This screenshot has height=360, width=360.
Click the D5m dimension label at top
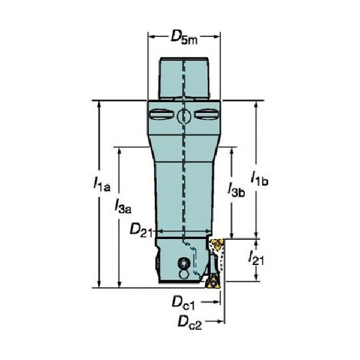(x=184, y=38)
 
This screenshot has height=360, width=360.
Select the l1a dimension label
(x=102, y=184)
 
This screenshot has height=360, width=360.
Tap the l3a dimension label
(x=123, y=207)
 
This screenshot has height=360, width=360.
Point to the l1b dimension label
(x=259, y=178)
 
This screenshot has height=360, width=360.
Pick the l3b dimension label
(x=236, y=189)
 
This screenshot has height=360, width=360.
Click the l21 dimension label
(x=256, y=258)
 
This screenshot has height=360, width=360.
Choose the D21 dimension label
(x=141, y=230)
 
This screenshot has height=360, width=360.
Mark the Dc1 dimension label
(x=183, y=302)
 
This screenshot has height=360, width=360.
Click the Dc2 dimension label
(x=189, y=323)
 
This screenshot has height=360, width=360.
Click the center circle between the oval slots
(x=184, y=117)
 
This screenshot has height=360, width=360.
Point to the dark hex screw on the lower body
(x=184, y=264)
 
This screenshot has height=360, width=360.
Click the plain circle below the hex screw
(x=184, y=274)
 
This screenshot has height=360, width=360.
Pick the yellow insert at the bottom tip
(x=212, y=282)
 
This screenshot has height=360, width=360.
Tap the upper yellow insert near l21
(x=217, y=244)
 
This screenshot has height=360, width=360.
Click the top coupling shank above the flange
(x=184, y=78)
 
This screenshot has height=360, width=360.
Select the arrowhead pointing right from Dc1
(x=216, y=302)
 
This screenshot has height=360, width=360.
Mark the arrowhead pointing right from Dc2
(x=220, y=321)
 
